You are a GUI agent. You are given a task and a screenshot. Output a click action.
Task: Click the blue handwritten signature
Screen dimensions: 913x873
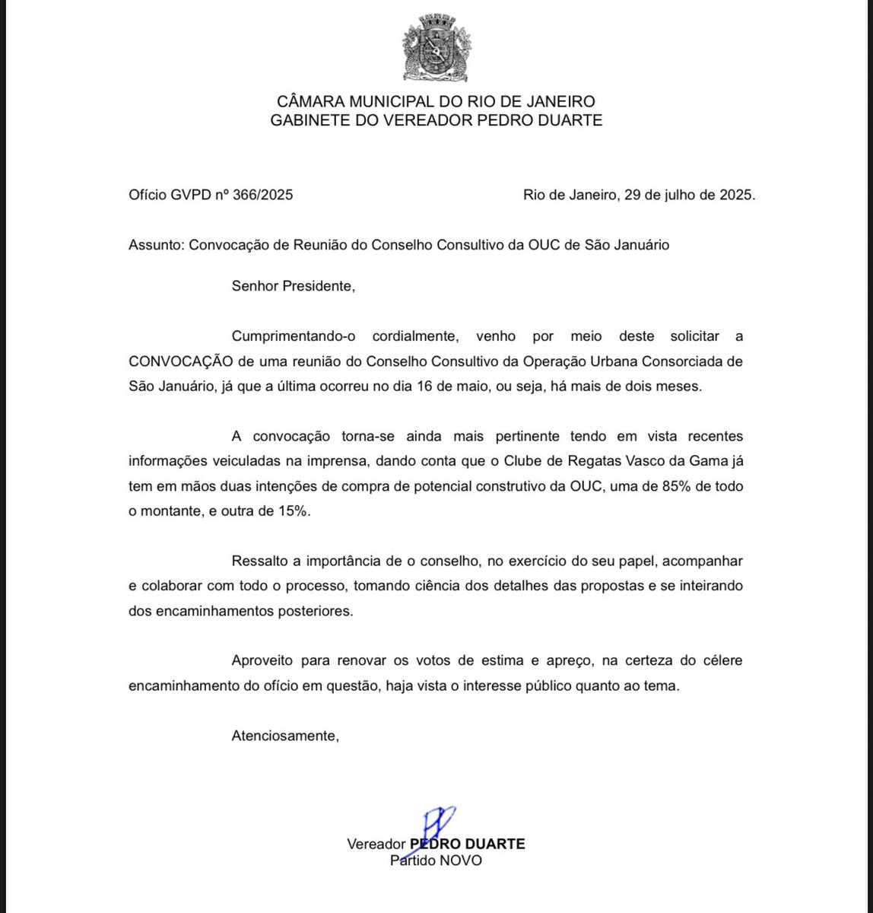pyautogui.click(x=435, y=822)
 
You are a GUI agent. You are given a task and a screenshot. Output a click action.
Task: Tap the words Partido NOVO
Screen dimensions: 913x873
pyautogui.click(x=436, y=861)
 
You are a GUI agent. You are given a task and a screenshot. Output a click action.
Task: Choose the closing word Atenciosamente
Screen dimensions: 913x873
pyautogui.click(x=284, y=736)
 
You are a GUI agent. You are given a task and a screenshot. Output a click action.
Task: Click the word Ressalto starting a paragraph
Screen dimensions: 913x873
pyautogui.click(x=259, y=561)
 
